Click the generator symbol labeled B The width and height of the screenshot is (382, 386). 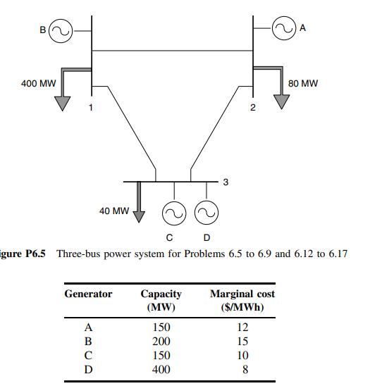pyautogui.click(x=59, y=30)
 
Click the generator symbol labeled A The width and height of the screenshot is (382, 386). pyautogui.click(x=284, y=29)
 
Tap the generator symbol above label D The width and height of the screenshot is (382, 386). pyautogui.click(x=207, y=212)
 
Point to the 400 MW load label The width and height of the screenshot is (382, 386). pyautogui.click(x=39, y=83)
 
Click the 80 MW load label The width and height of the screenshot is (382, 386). pyautogui.click(x=303, y=83)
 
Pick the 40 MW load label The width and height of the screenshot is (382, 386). pyautogui.click(x=112, y=210)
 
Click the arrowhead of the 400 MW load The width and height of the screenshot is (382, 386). pyautogui.click(x=64, y=102)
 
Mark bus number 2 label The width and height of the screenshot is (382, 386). pyautogui.click(x=253, y=107)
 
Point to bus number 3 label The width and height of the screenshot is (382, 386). pyautogui.click(x=225, y=182)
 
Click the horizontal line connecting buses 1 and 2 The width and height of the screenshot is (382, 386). pyautogui.click(x=173, y=51)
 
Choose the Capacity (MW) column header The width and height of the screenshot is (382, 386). pyautogui.click(x=161, y=300)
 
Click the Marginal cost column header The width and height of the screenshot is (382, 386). pyautogui.click(x=242, y=300)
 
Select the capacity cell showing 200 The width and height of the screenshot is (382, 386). pyautogui.click(x=161, y=342)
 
